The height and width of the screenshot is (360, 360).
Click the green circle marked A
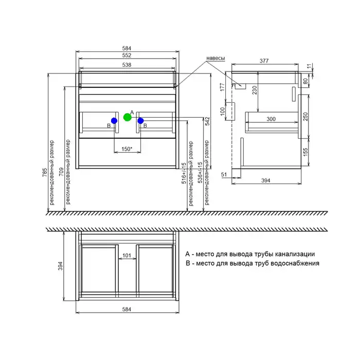coord(128,117)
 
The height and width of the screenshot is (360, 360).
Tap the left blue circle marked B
coord(114,120)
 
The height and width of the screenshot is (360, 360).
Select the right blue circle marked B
coord(140,120)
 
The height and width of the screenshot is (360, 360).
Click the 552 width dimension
coord(127,56)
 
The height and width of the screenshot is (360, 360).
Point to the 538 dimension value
coord(127,65)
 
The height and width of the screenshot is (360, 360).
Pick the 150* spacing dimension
coord(127,149)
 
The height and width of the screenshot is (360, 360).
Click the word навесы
coord(215,58)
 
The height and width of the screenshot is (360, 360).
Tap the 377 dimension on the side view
coord(264,61)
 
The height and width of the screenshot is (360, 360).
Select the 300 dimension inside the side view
coord(271,119)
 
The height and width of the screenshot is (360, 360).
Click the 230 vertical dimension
coord(255,90)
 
